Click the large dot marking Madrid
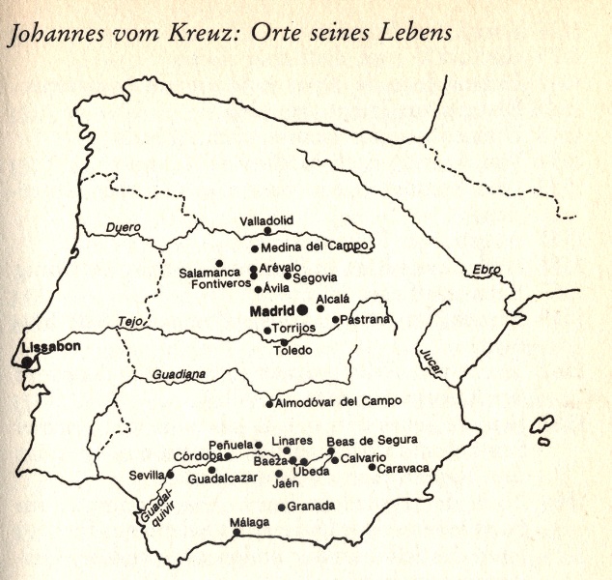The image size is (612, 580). tap(302, 309)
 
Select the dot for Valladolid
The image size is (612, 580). tap(267, 231)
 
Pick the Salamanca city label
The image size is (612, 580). tap(209, 274)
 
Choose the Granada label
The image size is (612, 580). tap(312, 506)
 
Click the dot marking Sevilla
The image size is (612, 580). tap(170, 475)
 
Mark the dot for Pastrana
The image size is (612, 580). tap(336, 320)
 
